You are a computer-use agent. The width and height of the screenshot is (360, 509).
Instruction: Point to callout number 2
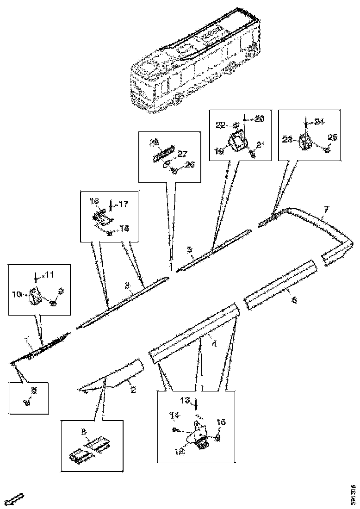133,390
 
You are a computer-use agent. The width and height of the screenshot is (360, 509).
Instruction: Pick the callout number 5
190,250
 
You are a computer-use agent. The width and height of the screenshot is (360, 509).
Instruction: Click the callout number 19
219,151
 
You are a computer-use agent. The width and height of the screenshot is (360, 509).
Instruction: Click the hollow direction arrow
16,499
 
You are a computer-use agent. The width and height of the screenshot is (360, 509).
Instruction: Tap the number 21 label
261,145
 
